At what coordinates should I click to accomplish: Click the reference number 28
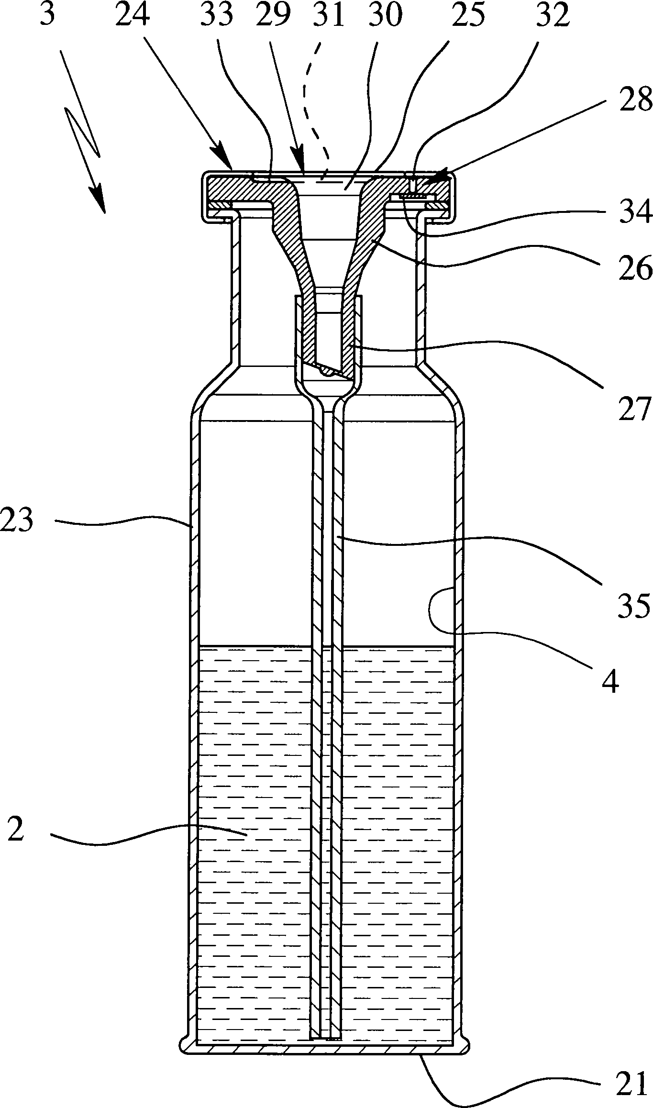coord(634,100)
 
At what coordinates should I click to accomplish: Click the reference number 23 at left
coord(17,520)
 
